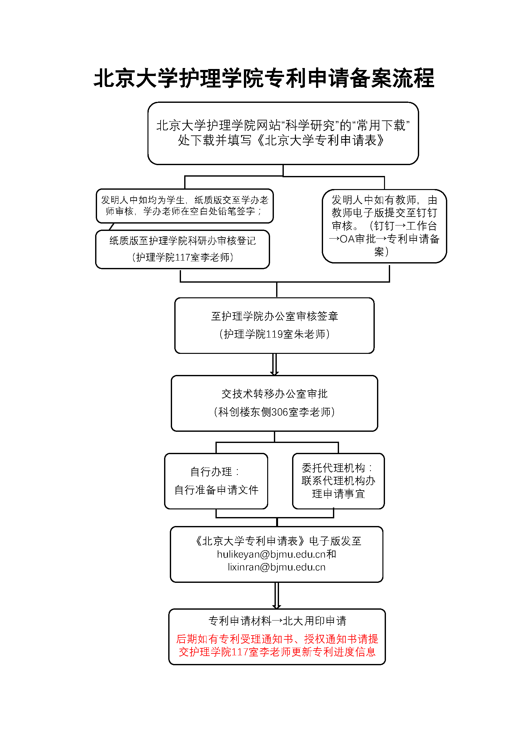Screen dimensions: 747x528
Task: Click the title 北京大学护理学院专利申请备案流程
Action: (x=264, y=79)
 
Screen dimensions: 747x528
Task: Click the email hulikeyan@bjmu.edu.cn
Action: (x=271, y=554)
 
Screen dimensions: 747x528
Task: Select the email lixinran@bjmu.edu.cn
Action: (x=276, y=567)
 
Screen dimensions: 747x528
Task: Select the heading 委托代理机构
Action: (x=333, y=468)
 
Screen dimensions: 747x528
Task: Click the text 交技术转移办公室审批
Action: (x=275, y=394)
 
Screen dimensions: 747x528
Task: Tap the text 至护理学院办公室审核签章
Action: (x=275, y=316)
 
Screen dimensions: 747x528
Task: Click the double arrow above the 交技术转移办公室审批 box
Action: (x=275, y=364)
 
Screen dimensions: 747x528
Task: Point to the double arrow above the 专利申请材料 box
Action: (x=276, y=595)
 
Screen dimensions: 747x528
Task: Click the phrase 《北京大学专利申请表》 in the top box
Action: (x=320, y=141)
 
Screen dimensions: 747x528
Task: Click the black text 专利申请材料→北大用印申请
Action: (x=277, y=621)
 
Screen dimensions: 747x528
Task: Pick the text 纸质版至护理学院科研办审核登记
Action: (x=182, y=241)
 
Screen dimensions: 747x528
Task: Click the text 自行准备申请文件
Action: (x=216, y=490)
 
